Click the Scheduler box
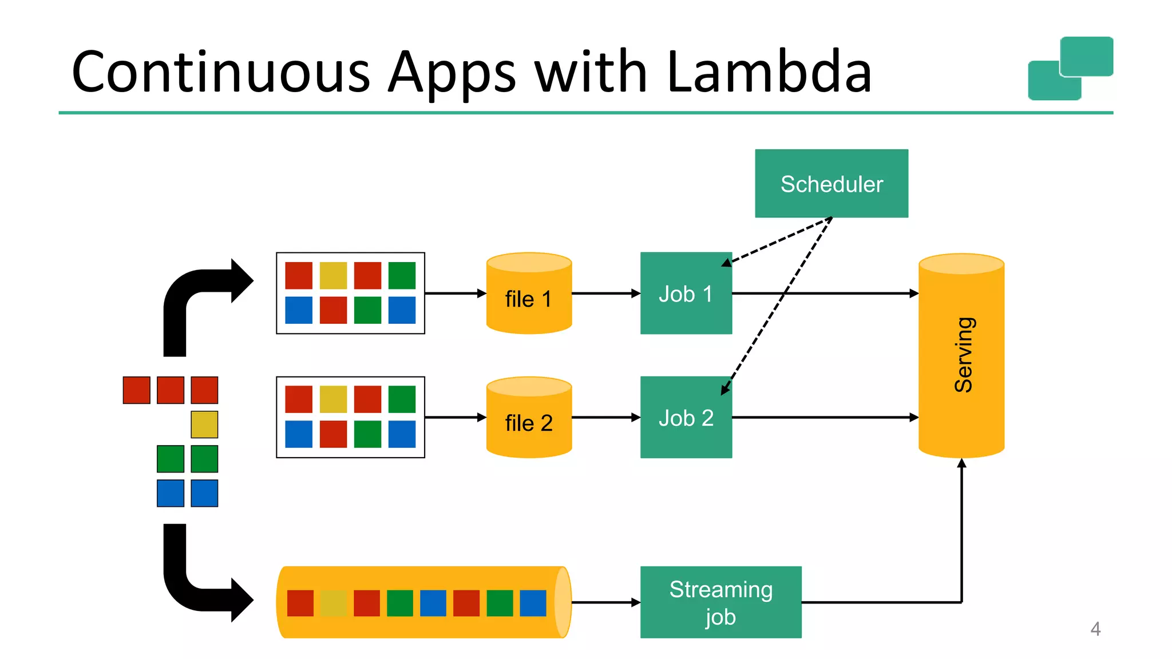tap(831, 184)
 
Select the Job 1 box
tap(686, 293)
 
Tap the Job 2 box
tap(686, 418)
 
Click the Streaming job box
tap(720, 602)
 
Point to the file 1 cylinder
tap(529, 297)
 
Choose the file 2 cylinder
tap(529, 422)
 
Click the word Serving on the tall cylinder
tap(963, 355)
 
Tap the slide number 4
tap(1095, 629)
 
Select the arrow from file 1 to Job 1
tap(605, 293)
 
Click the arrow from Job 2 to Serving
tap(824, 418)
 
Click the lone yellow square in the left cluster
tap(204, 424)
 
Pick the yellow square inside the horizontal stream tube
tap(333, 604)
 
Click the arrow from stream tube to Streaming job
tap(605, 602)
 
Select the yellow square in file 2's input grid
tap(333, 399)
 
